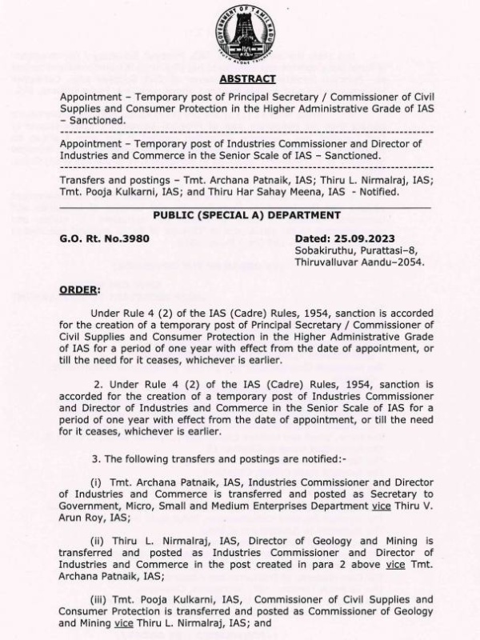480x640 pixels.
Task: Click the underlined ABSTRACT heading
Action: (246, 78)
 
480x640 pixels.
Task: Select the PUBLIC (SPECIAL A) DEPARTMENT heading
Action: (246, 215)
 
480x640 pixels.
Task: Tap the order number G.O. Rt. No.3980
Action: (104, 238)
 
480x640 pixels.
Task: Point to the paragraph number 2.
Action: (98, 385)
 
